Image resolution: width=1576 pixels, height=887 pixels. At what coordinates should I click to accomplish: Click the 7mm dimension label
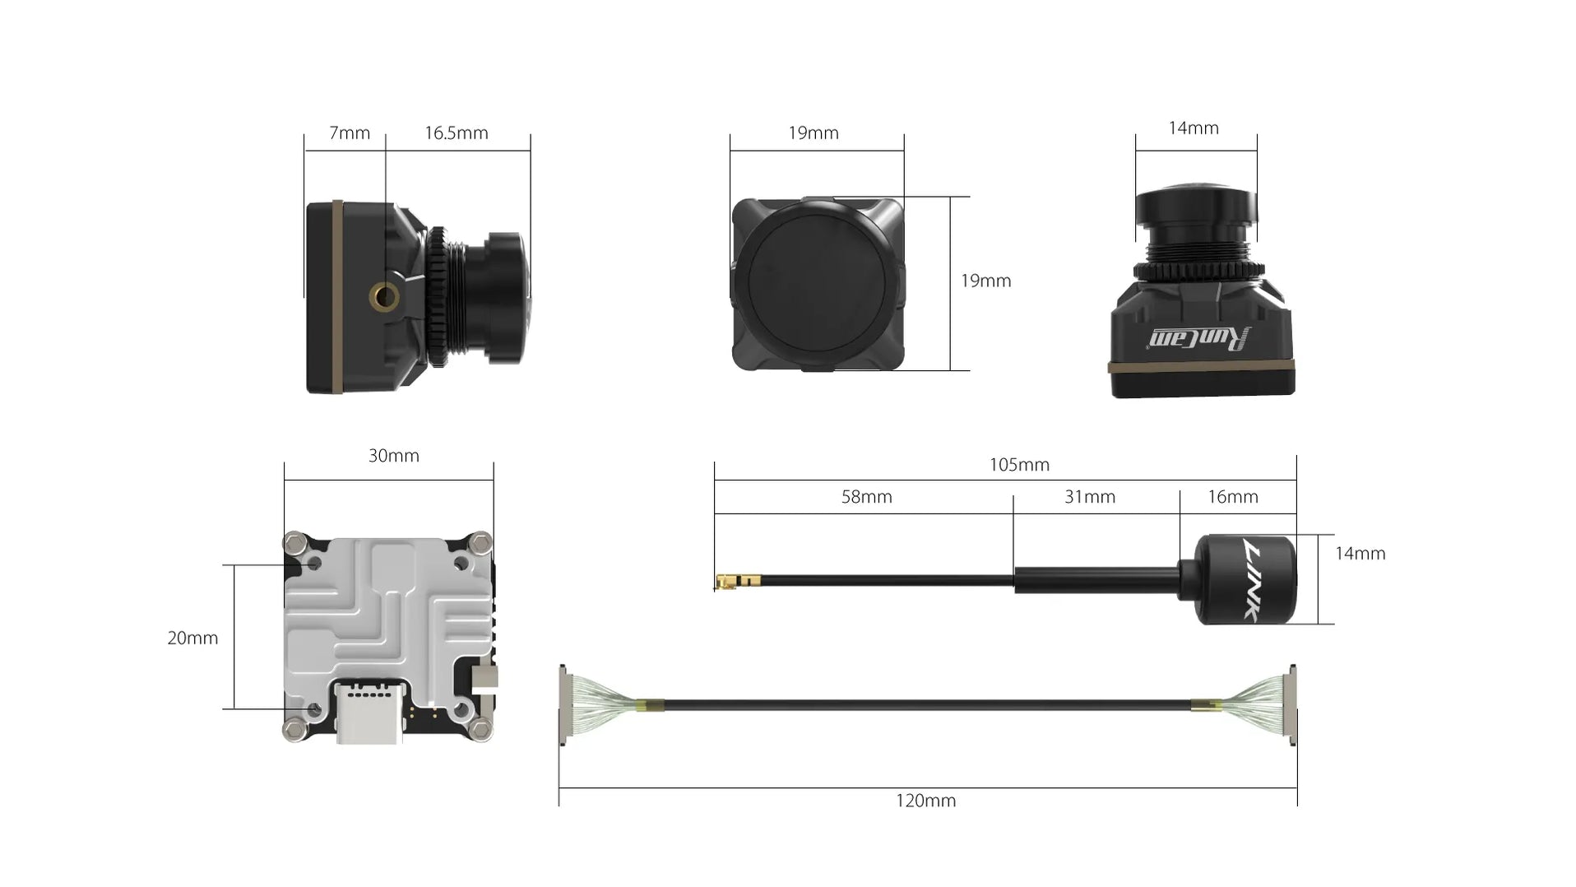[x=349, y=133]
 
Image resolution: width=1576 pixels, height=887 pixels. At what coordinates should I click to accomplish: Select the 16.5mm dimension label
[x=456, y=133]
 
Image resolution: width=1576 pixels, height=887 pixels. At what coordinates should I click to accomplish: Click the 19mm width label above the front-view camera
[x=813, y=133]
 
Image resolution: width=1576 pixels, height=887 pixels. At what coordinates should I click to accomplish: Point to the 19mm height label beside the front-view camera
[x=985, y=281]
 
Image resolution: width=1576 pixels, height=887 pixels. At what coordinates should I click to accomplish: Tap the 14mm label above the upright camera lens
[x=1193, y=128]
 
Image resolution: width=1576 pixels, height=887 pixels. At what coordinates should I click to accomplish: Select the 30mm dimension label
[x=393, y=456]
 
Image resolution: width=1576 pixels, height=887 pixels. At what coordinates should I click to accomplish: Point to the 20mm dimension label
[x=192, y=638]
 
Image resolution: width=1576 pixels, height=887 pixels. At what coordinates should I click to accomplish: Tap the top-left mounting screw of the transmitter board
[x=294, y=542]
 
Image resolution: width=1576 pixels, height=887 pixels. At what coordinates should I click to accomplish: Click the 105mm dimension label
[x=1018, y=465]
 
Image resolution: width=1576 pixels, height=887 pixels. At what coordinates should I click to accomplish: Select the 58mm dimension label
[x=866, y=497]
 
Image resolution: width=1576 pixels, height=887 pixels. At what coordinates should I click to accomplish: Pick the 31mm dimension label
[x=1089, y=497]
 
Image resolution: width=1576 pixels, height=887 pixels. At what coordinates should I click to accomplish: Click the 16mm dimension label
[x=1232, y=497]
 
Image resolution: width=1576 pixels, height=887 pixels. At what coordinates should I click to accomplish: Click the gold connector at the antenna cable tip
[x=726, y=583]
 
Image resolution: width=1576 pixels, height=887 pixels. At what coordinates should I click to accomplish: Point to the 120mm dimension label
[x=925, y=801]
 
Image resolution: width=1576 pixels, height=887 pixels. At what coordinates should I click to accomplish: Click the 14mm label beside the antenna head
[x=1359, y=554]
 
